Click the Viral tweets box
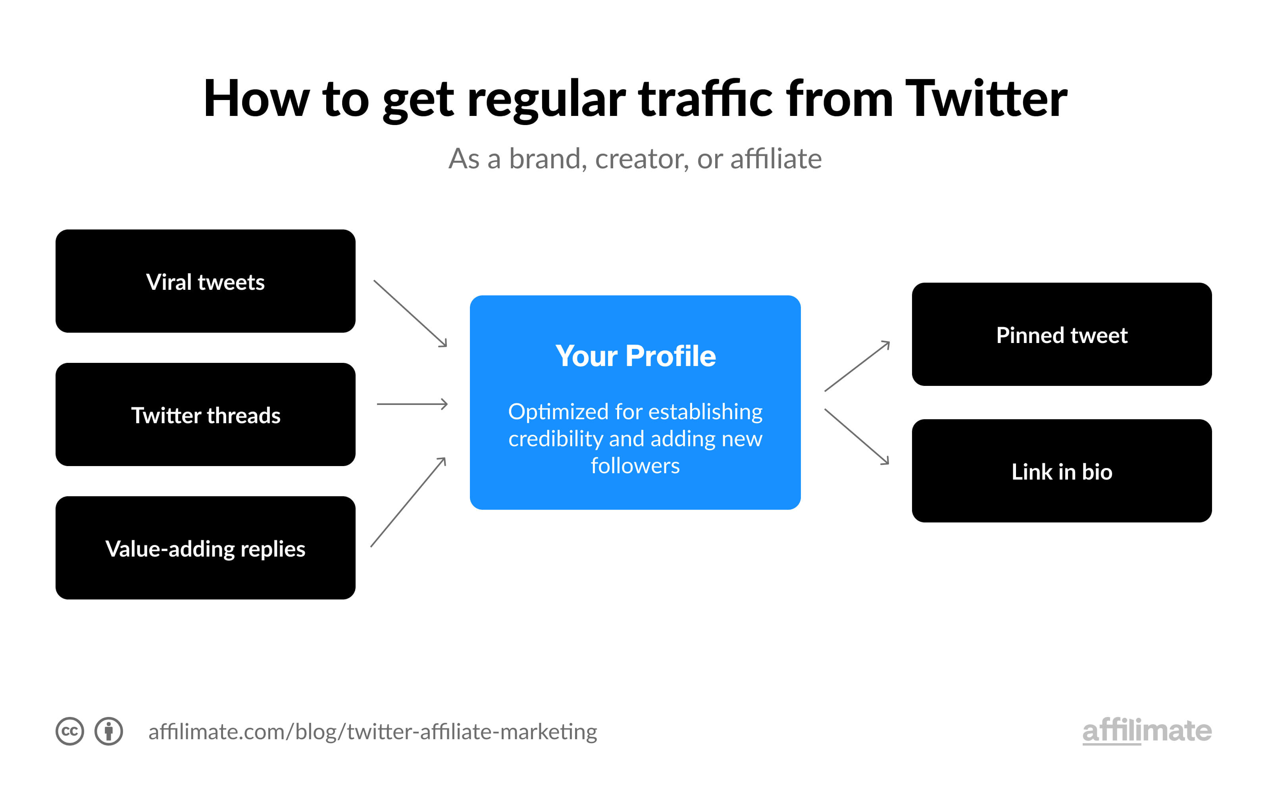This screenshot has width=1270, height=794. [x=205, y=281]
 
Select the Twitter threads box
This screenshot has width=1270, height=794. [x=205, y=414]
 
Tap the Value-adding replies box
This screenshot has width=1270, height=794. [x=205, y=548]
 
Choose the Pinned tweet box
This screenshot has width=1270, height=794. [x=1062, y=334]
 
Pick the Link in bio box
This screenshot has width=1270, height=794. [x=1062, y=470]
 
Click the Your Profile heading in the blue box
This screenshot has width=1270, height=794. [x=635, y=356]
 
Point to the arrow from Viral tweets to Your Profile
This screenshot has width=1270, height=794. [x=410, y=314]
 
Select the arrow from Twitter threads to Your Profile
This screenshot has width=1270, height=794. [x=412, y=404]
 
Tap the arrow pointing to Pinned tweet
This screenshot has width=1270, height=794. [x=857, y=366]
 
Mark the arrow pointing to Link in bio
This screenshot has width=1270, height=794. [x=856, y=436]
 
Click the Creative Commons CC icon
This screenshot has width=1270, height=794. [x=70, y=731]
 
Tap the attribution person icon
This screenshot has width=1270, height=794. [x=109, y=731]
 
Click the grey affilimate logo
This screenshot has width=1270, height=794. [x=1147, y=730]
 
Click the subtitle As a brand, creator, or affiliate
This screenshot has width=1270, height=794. [x=635, y=158]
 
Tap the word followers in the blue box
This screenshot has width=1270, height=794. [x=635, y=466]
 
